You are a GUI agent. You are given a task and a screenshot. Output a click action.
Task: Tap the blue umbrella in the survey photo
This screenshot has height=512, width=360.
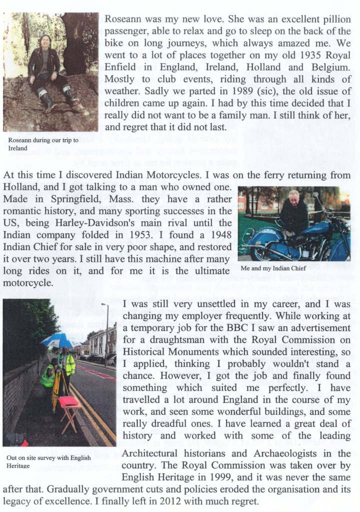[x=56, y=340]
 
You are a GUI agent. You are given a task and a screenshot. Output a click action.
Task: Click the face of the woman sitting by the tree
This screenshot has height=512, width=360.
[x=44, y=41]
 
